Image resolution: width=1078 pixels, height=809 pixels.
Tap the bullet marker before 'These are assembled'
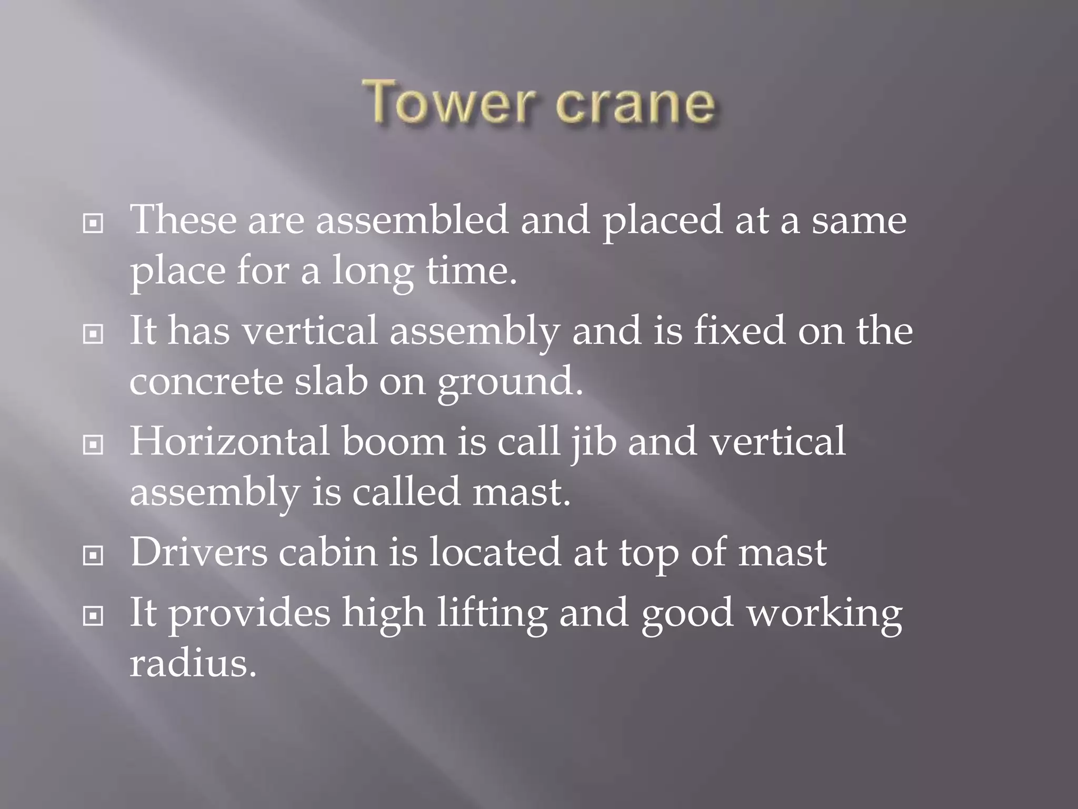click(93, 224)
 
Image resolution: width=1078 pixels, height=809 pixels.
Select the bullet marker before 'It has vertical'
click(93, 334)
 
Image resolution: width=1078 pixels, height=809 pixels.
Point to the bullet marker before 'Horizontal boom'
click(93, 445)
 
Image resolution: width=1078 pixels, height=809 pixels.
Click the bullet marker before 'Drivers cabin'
click(93, 556)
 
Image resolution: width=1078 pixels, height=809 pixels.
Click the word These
click(183, 220)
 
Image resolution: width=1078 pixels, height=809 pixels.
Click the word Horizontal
click(229, 441)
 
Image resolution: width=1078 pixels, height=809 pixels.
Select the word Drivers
click(198, 552)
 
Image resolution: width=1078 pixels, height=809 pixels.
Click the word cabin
click(328, 552)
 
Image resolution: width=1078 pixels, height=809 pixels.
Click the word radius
click(193, 663)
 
